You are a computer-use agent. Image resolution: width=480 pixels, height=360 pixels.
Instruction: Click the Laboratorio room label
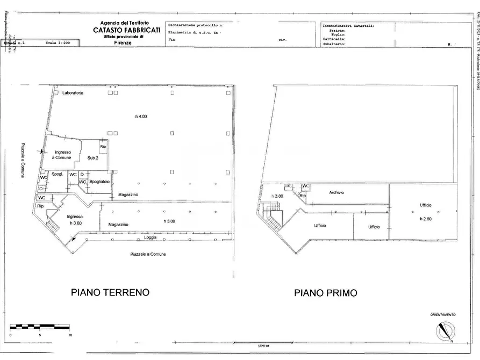pyautogui.click(x=73, y=93)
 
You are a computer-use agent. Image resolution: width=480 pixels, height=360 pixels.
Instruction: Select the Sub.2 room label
pyautogui.click(x=93, y=157)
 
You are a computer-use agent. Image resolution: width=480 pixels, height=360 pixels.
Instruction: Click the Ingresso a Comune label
pyautogui.click(x=62, y=155)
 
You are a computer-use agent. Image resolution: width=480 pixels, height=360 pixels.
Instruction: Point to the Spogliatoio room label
pyautogui.click(x=99, y=182)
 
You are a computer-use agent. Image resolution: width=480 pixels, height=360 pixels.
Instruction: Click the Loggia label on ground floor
pyautogui.click(x=151, y=237)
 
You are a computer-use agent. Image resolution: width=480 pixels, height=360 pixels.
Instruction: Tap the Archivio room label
pyautogui.click(x=336, y=192)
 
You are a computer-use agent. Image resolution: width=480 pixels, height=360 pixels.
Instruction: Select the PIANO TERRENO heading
pyautogui.click(x=110, y=293)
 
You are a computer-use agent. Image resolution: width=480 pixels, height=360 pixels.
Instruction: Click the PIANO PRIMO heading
pyautogui.click(x=325, y=293)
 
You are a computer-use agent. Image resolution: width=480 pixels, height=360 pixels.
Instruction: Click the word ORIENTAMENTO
pyautogui.click(x=442, y=314)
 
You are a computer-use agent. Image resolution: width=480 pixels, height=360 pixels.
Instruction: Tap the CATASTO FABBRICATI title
pyautogui.click(x=126, y=31)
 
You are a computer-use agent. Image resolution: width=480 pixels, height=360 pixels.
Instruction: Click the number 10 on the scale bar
pyautogui.click(x=70, y=335)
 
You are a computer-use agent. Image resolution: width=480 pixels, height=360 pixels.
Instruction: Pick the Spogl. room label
pyautogui.click(x=57, y=174)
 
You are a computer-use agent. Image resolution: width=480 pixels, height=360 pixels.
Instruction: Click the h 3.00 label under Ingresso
pyautogui.click(x=74, y=222)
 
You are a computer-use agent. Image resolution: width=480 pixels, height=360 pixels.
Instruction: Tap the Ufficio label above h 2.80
pyautogui.click(x=426, y=205)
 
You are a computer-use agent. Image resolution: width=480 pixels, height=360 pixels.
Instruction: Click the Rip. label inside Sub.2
pyautogui.click(x=102, y=147)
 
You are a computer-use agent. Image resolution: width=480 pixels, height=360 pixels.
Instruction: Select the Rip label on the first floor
pyautogui.click(x=302, y=196)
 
